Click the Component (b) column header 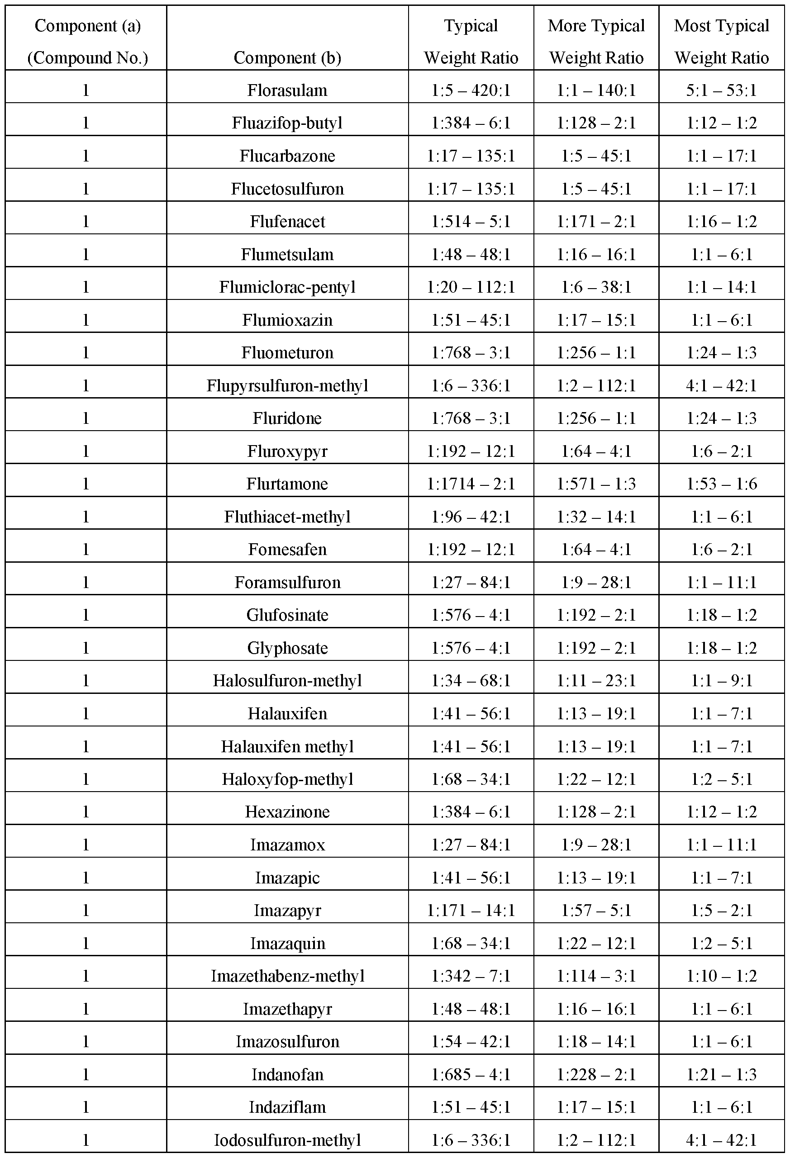click(x=287, y=58)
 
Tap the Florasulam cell click(x=287, y=90)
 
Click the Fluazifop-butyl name click(x=287, y=123)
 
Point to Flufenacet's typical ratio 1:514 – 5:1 click(x=471, y=221)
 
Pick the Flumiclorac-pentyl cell click(x=287, y=287)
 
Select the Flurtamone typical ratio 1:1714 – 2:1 click(x=471, y=484)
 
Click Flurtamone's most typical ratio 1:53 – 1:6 click(x=721, y=484)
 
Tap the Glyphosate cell click(x=287, y=648)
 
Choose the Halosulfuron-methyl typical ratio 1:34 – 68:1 click(x=471, y=681)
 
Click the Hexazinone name click(x=287, y=812)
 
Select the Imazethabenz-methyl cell click(x=287, y=976)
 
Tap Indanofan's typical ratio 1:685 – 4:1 click(x=471, y=1074)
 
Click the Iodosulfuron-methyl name click(x=287, y=1140)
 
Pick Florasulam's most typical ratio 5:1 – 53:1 click(x=721, y=90)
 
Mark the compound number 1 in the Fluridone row click(x=86, y=418)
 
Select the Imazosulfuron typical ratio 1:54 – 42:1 click(x=471, y=1041)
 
